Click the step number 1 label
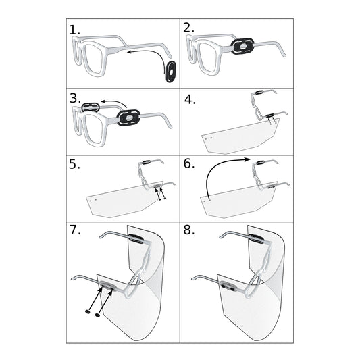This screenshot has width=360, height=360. point(74,30)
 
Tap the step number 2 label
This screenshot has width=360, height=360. point(188,28)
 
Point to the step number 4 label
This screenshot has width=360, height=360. point(190,100)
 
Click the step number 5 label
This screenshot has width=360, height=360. point(74,164)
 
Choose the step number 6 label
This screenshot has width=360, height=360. point(188,163)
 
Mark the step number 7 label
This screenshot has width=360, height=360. point(75,230)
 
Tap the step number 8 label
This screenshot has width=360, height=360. point(188,230)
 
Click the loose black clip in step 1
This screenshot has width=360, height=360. point(171,72)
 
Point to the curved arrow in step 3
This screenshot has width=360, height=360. point(114,103)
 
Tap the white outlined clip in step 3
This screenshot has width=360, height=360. point(91,107)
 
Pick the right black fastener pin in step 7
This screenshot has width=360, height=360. point(97,315)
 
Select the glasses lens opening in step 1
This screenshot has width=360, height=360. point(93,59)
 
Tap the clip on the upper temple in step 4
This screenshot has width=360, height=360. point(259,93)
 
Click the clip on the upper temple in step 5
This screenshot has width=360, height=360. point(146,162)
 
